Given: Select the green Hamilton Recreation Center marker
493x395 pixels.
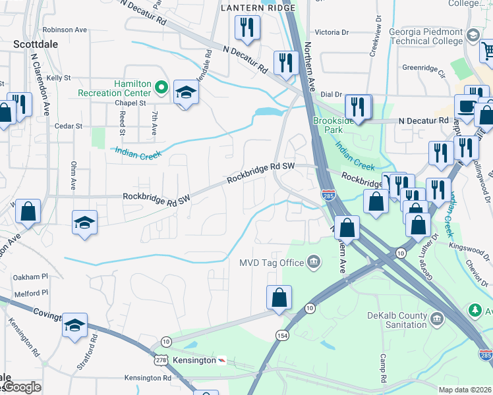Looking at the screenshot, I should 161,87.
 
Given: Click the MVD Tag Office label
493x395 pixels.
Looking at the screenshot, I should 272,263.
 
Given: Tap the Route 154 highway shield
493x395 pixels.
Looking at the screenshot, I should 281,335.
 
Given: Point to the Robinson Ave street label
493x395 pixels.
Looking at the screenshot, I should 65,30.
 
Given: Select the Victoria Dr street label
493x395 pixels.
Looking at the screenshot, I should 332,32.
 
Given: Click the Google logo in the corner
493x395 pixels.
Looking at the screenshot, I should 21,387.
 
